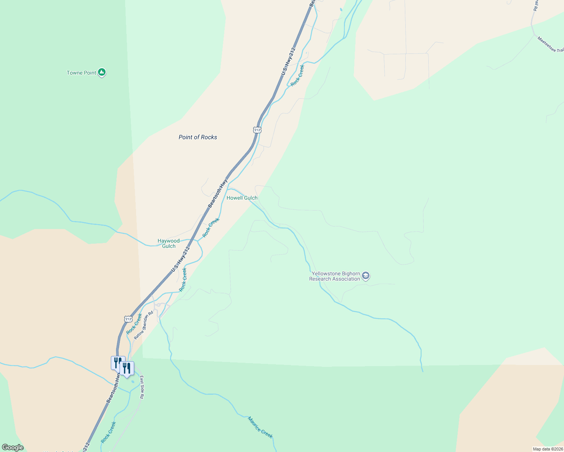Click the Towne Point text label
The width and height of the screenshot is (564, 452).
[81, 73]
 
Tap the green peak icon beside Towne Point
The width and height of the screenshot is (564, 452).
[101, 72]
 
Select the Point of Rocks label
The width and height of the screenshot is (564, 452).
[198, 137]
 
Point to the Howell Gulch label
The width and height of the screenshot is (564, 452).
[242, 198]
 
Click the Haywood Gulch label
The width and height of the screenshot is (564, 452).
[169, 243]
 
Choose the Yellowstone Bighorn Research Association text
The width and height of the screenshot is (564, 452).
[335, 276]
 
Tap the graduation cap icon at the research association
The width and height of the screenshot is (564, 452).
[365, 276]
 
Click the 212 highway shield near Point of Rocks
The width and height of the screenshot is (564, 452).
[257, 130]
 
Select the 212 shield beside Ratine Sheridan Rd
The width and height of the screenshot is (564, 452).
[128, 319]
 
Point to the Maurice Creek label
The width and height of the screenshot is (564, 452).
[260, 427]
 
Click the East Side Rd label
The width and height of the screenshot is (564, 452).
[142, 387]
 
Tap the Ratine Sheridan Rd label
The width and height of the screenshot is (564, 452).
[144, 324]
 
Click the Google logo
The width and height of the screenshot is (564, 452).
[13, 447]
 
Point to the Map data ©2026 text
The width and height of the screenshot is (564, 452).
[547, 449]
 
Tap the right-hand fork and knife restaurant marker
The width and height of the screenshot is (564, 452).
[127, 368]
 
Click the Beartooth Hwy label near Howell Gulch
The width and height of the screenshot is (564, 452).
[218, 193]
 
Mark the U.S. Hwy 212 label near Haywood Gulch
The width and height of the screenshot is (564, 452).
[180, 259]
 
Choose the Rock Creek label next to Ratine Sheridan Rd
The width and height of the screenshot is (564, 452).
[134, 324]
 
